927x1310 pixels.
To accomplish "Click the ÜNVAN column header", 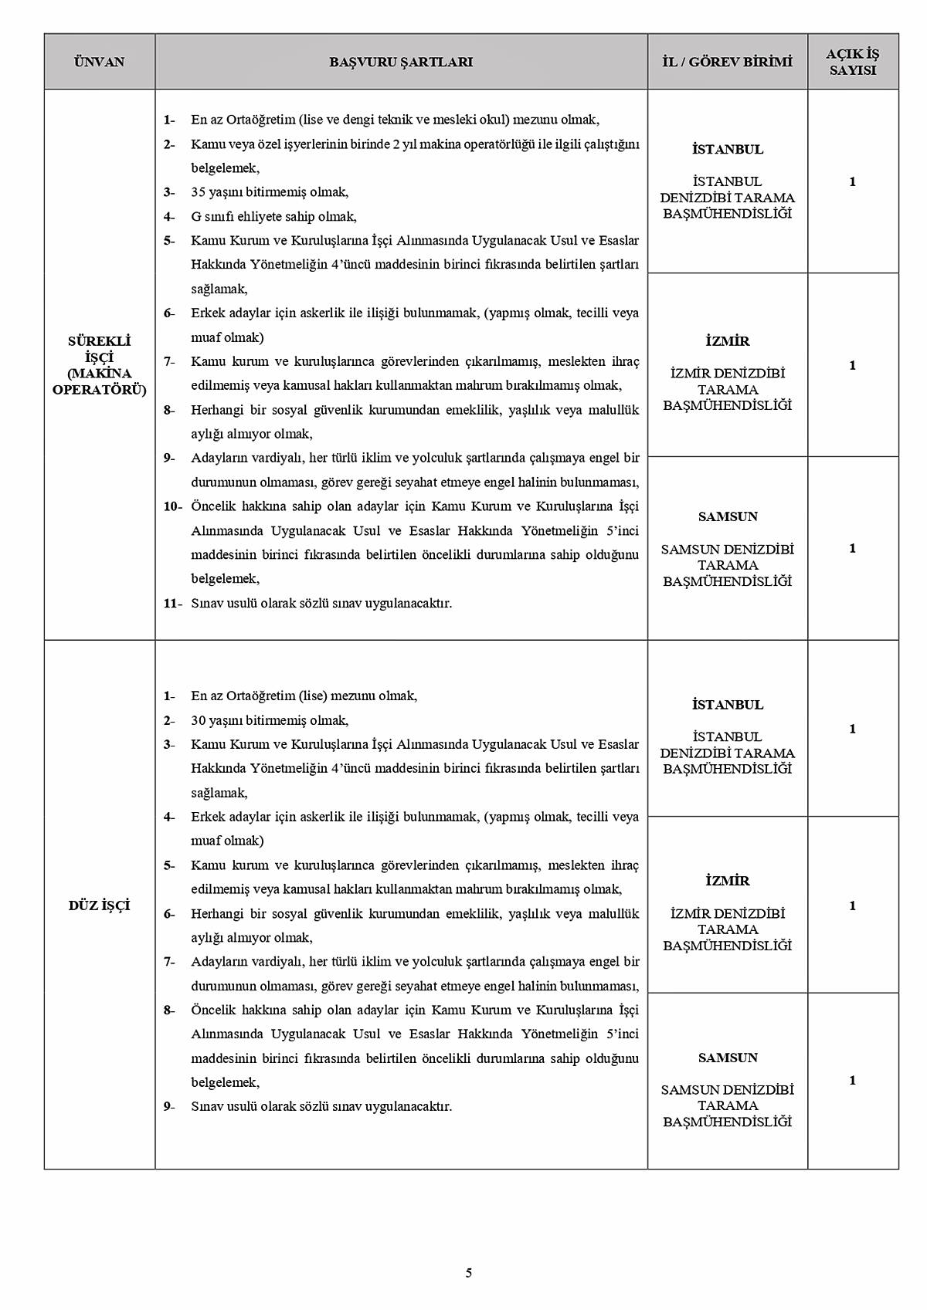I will click(x=99, y=62).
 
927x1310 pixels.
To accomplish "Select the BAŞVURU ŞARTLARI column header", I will click(x=401, y=62).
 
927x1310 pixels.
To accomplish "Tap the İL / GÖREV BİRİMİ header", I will click(x=727, y=62).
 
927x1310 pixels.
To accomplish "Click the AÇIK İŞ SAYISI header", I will click(x=852, y=62).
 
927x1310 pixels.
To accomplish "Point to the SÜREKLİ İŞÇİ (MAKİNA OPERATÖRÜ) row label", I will click(x=99, y=365).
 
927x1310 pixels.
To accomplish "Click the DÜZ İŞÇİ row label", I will click(x=99, y=905).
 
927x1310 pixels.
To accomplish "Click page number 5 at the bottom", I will click(x=469, y=1273).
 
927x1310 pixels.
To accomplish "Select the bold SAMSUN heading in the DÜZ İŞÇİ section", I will click(x=727, y=1058).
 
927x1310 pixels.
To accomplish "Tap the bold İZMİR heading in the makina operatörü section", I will click(x=727, y=341).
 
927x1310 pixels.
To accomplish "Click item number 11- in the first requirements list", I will click(x=172, y=603).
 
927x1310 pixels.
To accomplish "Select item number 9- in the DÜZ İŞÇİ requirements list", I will click(x=169, y=1106).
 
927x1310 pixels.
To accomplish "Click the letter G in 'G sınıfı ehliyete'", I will click(x=196, y=217).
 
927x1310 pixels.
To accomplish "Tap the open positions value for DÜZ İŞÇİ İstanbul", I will click(x=852, y=729).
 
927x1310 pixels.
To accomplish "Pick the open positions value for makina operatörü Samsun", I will click(x=852, y=548).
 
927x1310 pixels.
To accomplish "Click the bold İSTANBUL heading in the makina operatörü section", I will click(x=727, y=149).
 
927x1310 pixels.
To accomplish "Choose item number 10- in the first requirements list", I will click(x=172, y=506).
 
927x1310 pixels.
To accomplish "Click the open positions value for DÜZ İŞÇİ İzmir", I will click(x=852, y=905).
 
